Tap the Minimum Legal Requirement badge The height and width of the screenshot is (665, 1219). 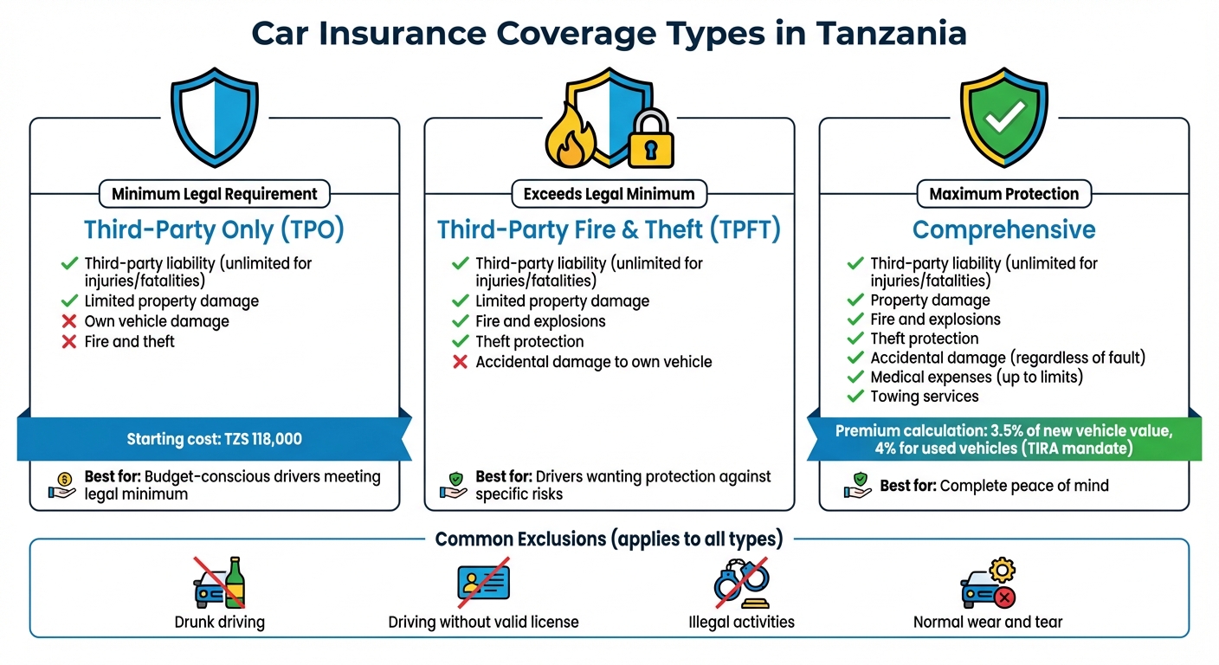[x=215, y=194]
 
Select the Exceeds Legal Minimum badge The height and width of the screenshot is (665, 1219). [x=609, y=194]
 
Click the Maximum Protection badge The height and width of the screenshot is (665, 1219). [x=1003, y=194]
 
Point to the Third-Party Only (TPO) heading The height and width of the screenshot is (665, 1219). [x=214, y=229]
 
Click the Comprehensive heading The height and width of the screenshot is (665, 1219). [x=1003, y=229]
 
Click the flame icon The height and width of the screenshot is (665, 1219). [x=569, y=136]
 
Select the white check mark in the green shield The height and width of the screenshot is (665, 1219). [x=1004, y=113]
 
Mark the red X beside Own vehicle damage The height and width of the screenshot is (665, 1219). [x=69, y=321]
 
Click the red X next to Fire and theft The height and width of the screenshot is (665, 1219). [x=69, y=342]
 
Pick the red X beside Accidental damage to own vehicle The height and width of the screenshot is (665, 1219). [x=461, y=362]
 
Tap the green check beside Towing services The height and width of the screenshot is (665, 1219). [x=855, y=397]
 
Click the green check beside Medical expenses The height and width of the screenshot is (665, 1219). [x=855, y=378]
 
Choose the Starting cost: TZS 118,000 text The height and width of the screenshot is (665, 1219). [x=214, y=439]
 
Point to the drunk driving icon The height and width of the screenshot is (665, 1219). [x=219, y=583]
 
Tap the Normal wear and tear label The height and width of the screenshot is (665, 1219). [x=988, y=622]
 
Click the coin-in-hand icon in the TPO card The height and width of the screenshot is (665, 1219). [x=62, y=485]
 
